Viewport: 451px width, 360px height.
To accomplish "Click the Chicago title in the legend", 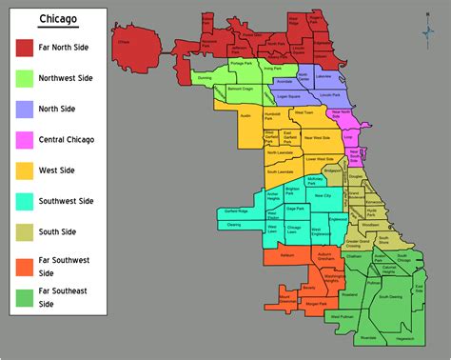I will (59, 20).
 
